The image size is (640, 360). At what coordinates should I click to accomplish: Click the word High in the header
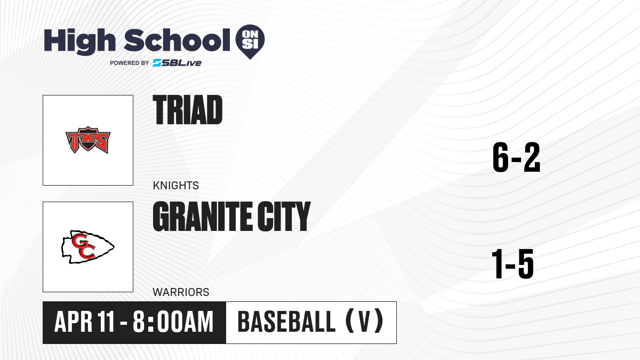click(79, 41)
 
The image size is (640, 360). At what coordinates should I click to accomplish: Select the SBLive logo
click(177, 62)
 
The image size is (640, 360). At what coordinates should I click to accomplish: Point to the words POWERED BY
click(130, 63)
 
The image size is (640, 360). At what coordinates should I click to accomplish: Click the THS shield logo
click(88, 140)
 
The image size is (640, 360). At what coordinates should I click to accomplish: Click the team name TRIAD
click(187, 110)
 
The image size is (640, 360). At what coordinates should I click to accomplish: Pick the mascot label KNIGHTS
click(175, 186)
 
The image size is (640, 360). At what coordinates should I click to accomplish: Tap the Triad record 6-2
click(516, 157)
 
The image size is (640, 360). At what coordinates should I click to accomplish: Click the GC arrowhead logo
click(88, 247)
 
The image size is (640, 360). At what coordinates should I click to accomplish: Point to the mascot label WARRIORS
click(181, 292)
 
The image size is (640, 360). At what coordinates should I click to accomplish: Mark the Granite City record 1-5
click(513, 263)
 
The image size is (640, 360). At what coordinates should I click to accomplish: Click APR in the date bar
click(73, 322)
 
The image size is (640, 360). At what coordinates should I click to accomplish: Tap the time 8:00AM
click(173, 322)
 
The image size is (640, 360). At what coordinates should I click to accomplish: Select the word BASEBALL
click(286, 322)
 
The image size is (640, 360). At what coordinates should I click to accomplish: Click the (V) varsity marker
click(364, 322)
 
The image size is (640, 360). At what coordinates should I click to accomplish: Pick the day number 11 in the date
click(106, 322)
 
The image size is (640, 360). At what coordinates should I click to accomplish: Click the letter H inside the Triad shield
click(89, 140)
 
